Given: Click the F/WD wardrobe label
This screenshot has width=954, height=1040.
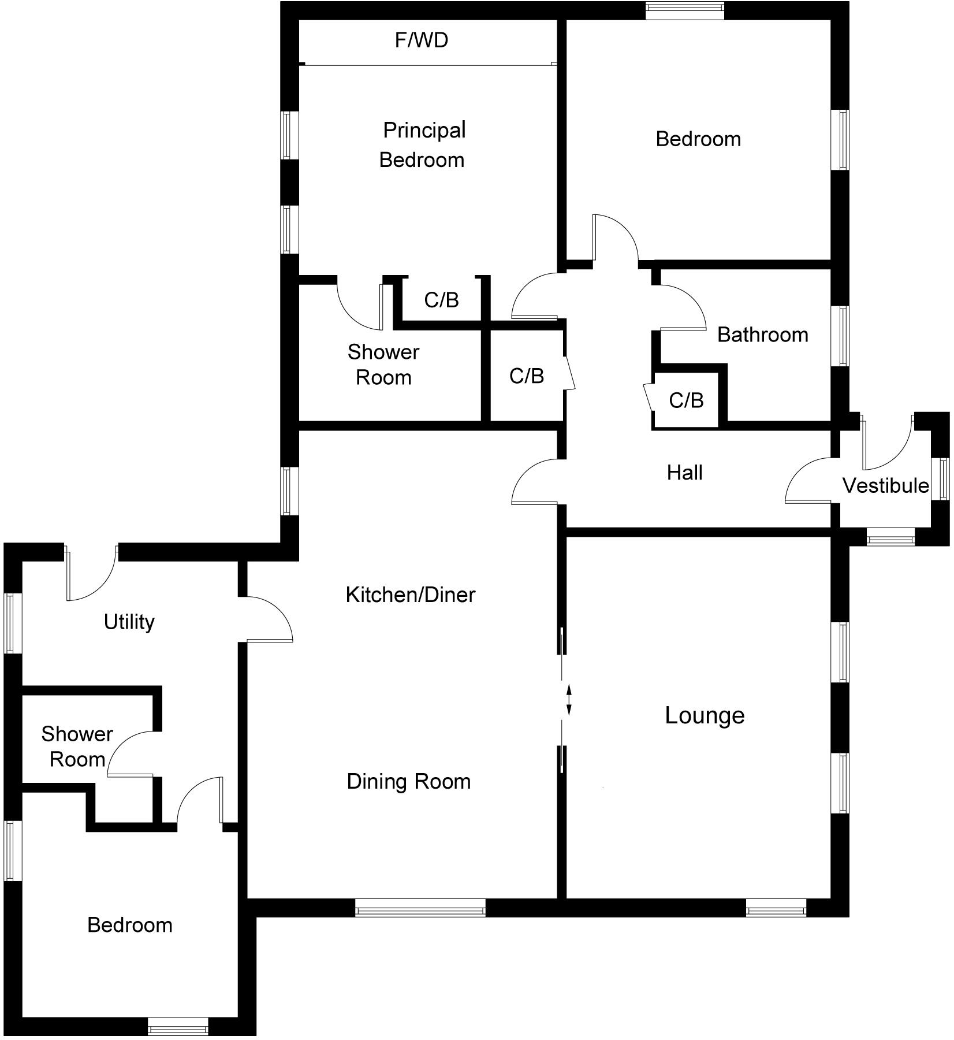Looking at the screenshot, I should pos(422,40).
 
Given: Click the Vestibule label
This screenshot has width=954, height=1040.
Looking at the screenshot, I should pos(886,486).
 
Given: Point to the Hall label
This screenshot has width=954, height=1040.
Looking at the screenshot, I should pos(684,473).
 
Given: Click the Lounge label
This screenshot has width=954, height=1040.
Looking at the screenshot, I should pos(705,715).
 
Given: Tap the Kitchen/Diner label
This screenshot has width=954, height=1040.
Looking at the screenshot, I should pos(410,595).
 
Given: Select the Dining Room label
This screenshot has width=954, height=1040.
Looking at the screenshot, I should pos(409,781).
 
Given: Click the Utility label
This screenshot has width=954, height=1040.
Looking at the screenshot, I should pos(129,622).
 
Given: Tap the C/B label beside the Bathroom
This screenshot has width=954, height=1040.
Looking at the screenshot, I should pos(686,400).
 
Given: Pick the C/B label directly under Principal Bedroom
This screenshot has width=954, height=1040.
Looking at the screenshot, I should pos(441,300).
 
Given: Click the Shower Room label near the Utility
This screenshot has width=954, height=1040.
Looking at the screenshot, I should pos(77,746).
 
